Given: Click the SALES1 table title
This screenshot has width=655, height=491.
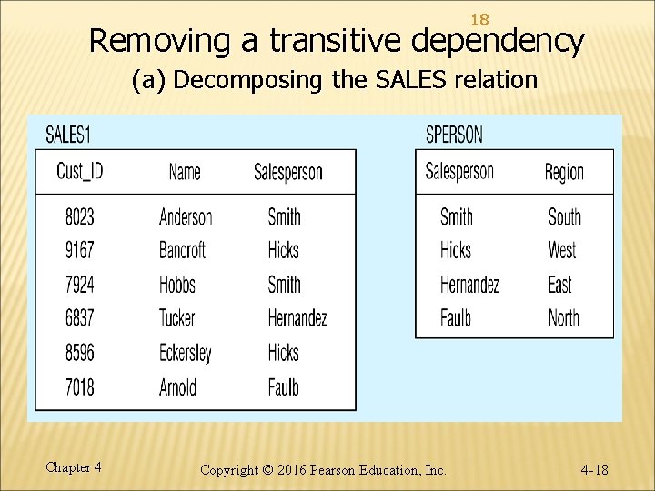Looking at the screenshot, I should [68, 135].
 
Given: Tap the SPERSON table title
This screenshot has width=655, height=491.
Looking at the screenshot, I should [454, 135].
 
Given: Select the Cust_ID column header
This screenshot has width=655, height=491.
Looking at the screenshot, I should [79, 171].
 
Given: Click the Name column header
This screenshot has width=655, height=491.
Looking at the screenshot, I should [185, 171].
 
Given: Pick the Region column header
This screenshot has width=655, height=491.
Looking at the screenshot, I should [564, 172].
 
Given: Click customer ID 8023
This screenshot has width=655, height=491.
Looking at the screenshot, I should [79, 216].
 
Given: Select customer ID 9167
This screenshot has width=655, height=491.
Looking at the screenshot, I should [79, 250].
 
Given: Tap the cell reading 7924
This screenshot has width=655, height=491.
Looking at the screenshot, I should [79, 285].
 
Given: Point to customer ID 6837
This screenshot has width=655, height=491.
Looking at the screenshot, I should [79, 318].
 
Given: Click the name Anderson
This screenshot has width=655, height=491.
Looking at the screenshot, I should [186, 216].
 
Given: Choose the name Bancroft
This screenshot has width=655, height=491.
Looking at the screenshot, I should [182, 250].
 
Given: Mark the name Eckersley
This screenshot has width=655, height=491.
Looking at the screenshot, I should [186, 353].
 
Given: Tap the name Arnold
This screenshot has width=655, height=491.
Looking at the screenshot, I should [177, 387].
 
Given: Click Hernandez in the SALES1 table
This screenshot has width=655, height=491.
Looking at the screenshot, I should [297, 318].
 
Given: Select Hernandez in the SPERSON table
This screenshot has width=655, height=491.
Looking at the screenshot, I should [469, 285].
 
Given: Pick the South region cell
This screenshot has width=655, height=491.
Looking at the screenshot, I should [564, 216].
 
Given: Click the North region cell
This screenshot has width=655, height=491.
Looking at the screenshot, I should [564, 318].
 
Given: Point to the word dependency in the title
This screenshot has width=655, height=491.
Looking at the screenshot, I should [498, 41].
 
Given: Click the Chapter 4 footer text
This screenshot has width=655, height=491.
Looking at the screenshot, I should [73, 467].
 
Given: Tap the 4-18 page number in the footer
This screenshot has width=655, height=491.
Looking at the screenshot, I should [594, 470].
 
